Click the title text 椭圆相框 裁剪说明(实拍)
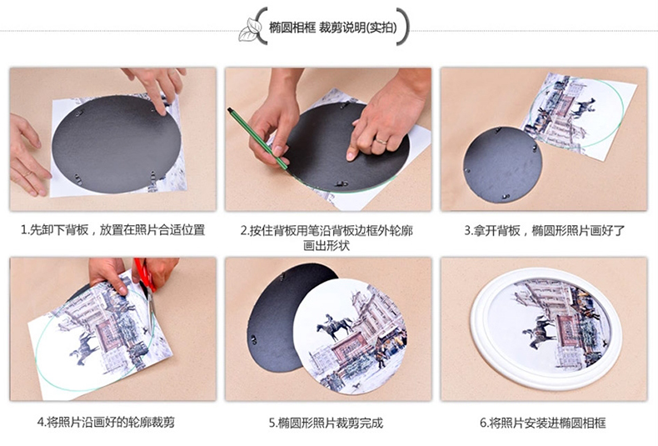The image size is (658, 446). pos(333,28)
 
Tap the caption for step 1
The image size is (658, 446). pos(113,230)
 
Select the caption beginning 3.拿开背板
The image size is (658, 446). pos(544,231)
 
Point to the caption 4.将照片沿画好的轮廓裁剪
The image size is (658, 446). pos(106,422)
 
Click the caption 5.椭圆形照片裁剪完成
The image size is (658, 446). pos(326,423)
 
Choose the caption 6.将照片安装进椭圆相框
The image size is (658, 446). pos(543,423)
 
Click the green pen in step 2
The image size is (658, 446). pos(257,138)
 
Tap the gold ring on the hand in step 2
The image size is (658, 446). pos(381,142)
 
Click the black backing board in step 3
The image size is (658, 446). pos(502,165)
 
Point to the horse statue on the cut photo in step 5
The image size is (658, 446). pos(335,326)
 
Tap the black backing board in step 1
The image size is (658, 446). pos(117,144)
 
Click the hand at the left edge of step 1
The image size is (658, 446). pos(25,155)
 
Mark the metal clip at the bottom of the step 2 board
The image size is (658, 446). pos(342,183)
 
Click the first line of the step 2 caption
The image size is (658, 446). pos(327,231)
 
